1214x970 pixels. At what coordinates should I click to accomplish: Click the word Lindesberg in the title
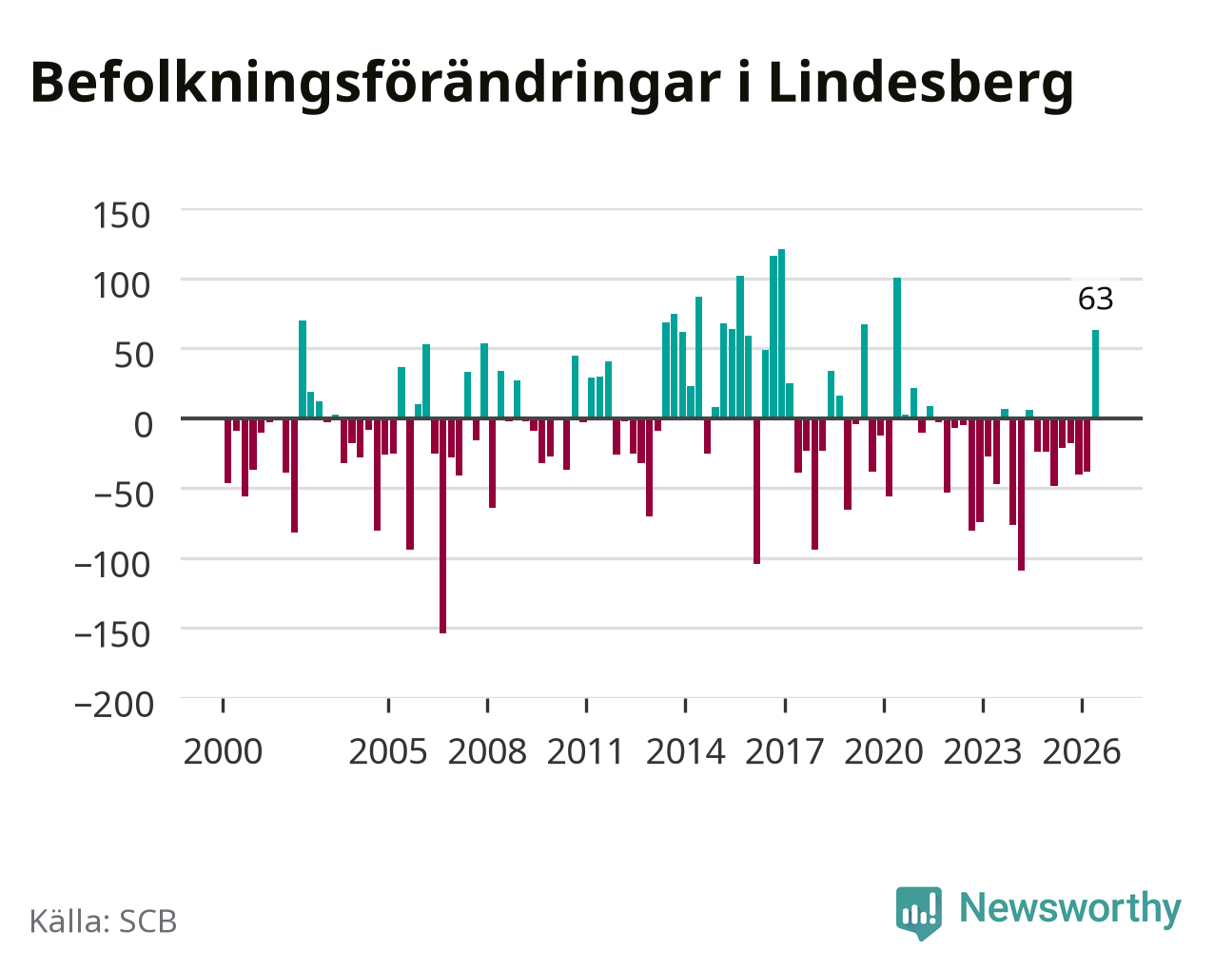coord(921,84)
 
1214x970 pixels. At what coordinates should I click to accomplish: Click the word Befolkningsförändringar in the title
coord(376,84)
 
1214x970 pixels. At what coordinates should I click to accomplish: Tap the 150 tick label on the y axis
coord(121,216)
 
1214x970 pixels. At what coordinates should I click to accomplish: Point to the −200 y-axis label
coord(114,705)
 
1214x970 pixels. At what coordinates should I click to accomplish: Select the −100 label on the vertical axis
coord(113,565)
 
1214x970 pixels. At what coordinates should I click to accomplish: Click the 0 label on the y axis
coord(144,425)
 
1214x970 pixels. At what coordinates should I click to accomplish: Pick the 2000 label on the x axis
coord(223,751)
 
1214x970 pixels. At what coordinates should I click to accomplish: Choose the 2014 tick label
coord(685,751)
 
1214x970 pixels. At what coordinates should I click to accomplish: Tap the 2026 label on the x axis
coord(1082,751)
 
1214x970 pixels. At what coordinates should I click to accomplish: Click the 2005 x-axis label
coord(388,751)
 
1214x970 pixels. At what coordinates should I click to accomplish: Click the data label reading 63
coord(1095,299)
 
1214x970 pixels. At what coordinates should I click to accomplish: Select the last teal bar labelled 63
coord(1095,374)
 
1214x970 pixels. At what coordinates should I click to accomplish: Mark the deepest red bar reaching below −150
coord(442,526)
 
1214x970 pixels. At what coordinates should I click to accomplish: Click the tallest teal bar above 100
coord(781,333)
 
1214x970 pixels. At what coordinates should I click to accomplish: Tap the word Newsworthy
coord(1070,908)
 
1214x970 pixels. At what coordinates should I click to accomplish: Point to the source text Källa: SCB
coord(104,921)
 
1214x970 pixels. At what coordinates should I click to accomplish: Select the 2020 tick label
coord(884,751)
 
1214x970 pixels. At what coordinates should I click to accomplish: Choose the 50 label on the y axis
coord(134,356)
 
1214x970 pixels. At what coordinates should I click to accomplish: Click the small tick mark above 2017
coord(785,706)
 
